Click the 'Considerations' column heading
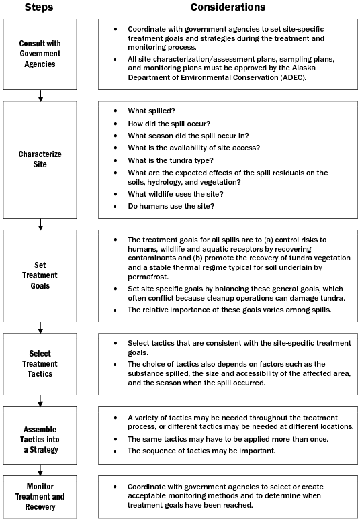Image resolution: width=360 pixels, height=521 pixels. pos(228,7)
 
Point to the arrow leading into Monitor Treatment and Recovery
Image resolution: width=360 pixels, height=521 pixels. pos(41,469)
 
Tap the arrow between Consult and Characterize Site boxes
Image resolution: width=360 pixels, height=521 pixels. pos(41,95)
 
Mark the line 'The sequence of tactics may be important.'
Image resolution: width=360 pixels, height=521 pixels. pos(201,451)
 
